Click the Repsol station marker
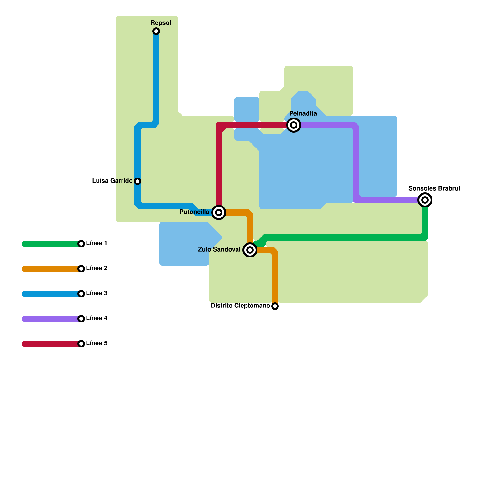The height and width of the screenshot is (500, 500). pyautogui.click(x=156, y=31)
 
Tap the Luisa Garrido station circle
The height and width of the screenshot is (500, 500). pyautogui.click(x=137, y=181)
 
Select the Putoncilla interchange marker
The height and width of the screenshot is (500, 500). pyautogui.click(x=219, y=212)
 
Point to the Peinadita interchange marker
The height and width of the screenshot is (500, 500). pyautogui.click(x=294, y=125)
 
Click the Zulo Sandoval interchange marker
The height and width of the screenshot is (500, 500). pyautogui.click(x=250, y=250)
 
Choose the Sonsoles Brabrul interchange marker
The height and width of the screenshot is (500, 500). pyautogui.click(x=425, y=200)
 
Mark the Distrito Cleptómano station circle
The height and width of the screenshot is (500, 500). pyautogui.click(x=275, y=306)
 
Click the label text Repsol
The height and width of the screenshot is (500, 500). pyautogui.click(x=161, y=23)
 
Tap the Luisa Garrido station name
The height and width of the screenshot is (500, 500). pyautogui.click(x=112, y=181)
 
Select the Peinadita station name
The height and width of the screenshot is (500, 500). pyautogui.click(x=303, y=113)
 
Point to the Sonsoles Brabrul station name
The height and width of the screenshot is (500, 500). pyautogui.click(x=434, y=188)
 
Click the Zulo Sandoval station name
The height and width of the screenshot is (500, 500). pyautogui.click(x=219, y=249)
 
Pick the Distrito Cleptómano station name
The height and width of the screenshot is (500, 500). pyautogui.click(x=240, y=306)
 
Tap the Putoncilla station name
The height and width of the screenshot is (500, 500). pyautogui.click(x=194, y=212)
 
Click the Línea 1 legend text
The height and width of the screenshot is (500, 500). pyautogui.click(x=97, y=243)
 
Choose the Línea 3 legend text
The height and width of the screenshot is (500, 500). pyautogui.click(x=97, y=293)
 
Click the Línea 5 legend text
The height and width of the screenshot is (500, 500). pyautogui.click(x=97, y=343)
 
